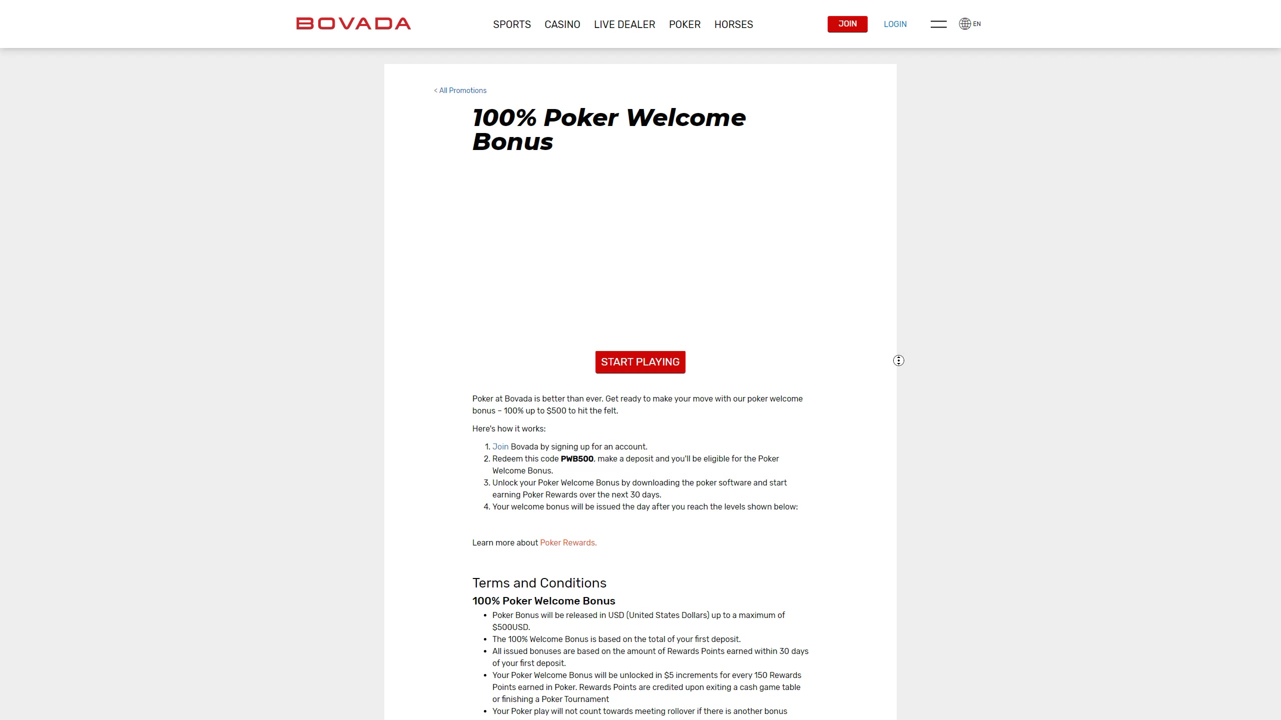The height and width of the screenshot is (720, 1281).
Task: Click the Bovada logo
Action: (x=353, y=23)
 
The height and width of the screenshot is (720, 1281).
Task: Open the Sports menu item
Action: (x=511, y=24)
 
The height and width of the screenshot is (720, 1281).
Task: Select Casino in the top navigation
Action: (x=562, y=24)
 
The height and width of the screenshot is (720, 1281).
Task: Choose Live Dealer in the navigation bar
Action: (x=624, y=24)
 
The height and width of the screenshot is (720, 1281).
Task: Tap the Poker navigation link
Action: (x=685, y=24)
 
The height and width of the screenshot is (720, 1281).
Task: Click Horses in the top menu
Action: (x=733, y=24)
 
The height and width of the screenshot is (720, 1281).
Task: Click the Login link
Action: (x=895, y=24)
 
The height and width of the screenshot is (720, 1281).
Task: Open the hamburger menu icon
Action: (x=938, y=24)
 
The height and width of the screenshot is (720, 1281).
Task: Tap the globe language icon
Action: (x=965, y=24)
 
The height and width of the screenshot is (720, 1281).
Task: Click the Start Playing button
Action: (x=640, y=362)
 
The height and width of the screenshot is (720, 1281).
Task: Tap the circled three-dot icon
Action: (x=899, y=360)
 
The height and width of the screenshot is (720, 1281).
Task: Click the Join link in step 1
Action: (x=500, y=446)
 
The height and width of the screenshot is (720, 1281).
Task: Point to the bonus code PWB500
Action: (x=577, y=458)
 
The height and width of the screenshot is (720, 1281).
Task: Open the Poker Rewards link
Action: (x=568, y=542)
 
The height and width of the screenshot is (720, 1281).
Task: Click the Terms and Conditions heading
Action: (x=539, y=583)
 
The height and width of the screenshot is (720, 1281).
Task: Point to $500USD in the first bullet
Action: (x=511, y=627)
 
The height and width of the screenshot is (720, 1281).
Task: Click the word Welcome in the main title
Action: (x=686, y=118)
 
